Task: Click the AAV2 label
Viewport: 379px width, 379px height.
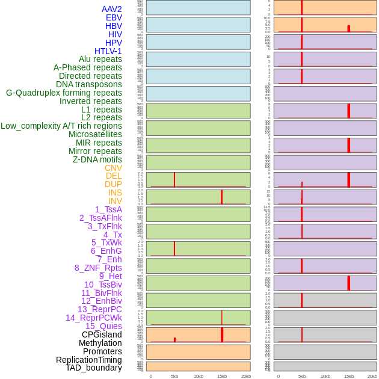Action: click(111, 9)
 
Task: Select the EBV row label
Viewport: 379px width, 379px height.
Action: click(114, 17)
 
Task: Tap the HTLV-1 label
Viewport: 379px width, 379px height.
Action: click(108, 51)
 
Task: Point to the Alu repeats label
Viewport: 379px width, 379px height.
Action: click(100, 59)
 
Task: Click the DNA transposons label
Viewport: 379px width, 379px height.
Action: click(88, 84)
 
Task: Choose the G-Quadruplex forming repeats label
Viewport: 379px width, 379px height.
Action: click(64, 93)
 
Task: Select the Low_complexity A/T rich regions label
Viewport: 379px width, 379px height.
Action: click(61, 126)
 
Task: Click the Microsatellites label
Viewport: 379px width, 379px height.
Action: click(95, 134)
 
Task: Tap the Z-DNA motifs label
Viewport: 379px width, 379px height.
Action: click(97, 159)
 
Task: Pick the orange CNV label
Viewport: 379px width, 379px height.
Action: click(113, 168)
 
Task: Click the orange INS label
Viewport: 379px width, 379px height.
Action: click(115, 193)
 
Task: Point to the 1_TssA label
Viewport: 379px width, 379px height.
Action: click(108, 209)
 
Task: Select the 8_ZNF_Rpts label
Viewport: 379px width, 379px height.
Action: click(98, 268)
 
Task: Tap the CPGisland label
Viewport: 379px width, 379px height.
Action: click(102, 334)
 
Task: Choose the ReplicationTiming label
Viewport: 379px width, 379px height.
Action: click(88, 360)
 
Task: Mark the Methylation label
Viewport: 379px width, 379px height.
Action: click(100, 343)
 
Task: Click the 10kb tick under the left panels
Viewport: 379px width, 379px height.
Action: click(198, 376)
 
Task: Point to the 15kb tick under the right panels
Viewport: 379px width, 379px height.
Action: click(349, 376)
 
